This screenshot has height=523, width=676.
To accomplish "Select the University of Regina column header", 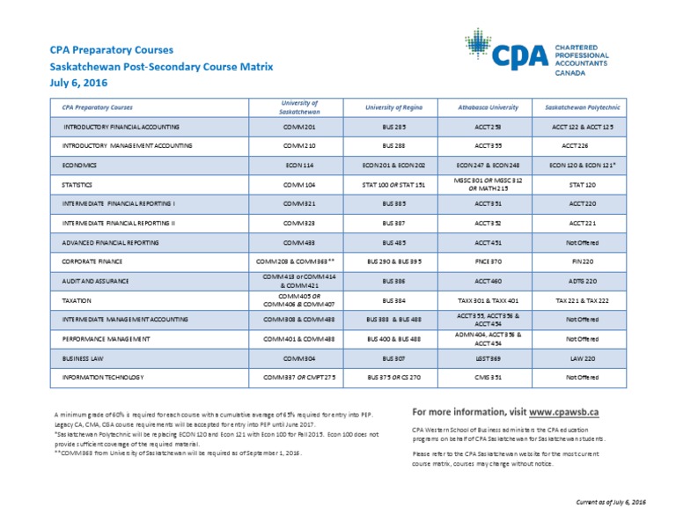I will click(400, 107).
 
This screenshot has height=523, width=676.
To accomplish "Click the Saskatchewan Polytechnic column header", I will click(583, 107).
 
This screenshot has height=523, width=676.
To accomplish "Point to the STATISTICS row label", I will click(78, 185).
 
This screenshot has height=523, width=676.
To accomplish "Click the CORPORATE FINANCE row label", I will click(91, 261).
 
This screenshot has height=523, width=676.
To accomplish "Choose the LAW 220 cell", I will click(583, 359).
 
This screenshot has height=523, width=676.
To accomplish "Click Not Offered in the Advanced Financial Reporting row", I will click(583, 242).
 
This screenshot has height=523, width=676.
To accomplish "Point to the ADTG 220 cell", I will click(583, 281).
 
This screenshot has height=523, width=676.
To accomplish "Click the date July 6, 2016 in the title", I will click(78, 82).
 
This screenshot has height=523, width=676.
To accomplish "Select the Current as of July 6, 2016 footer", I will click(611, 501).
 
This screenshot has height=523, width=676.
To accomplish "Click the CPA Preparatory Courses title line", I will click(112, 49).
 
